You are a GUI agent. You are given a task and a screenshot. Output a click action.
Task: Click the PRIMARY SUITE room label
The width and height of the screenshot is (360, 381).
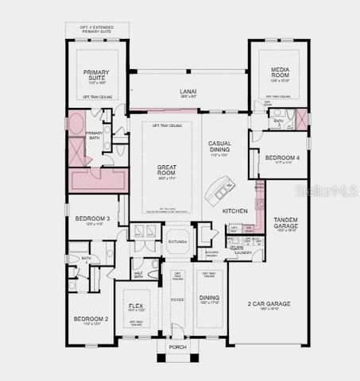(96, 75)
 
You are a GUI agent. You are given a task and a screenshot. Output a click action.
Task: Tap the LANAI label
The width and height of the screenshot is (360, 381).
(188, 91)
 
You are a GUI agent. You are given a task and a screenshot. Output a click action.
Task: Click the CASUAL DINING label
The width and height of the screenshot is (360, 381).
(219, 146)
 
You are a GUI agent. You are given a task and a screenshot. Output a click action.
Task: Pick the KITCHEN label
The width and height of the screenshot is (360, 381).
(234, 210)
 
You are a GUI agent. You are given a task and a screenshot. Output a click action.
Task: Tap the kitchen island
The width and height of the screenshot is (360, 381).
(215, 190)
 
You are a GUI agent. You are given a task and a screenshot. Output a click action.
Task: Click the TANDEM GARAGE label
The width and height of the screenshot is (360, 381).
(285, 222)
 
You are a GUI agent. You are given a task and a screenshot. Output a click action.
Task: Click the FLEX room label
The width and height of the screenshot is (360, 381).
(134, 306)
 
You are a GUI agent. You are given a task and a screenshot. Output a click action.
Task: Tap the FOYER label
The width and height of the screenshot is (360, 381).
(176, 300)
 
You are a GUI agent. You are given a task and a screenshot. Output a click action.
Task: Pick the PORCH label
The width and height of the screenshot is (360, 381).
(176, 346)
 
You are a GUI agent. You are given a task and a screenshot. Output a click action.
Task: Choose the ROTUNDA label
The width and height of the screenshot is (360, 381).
(177, 240)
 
